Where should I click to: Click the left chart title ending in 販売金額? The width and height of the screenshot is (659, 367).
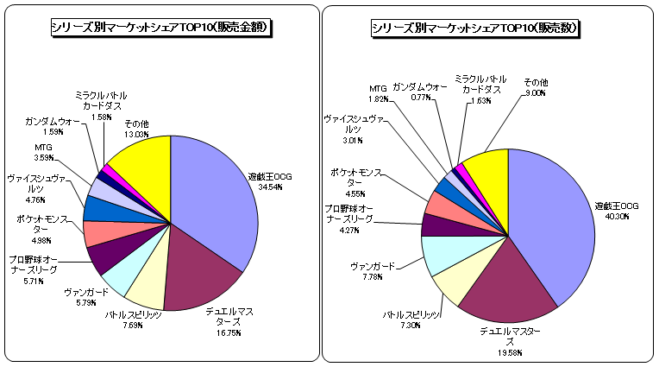tap(161, 28)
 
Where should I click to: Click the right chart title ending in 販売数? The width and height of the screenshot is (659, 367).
tap(475, 28)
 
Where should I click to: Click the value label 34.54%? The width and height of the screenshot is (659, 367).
tap(270, 187)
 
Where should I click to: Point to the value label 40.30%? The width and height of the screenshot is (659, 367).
tap(617, 217)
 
